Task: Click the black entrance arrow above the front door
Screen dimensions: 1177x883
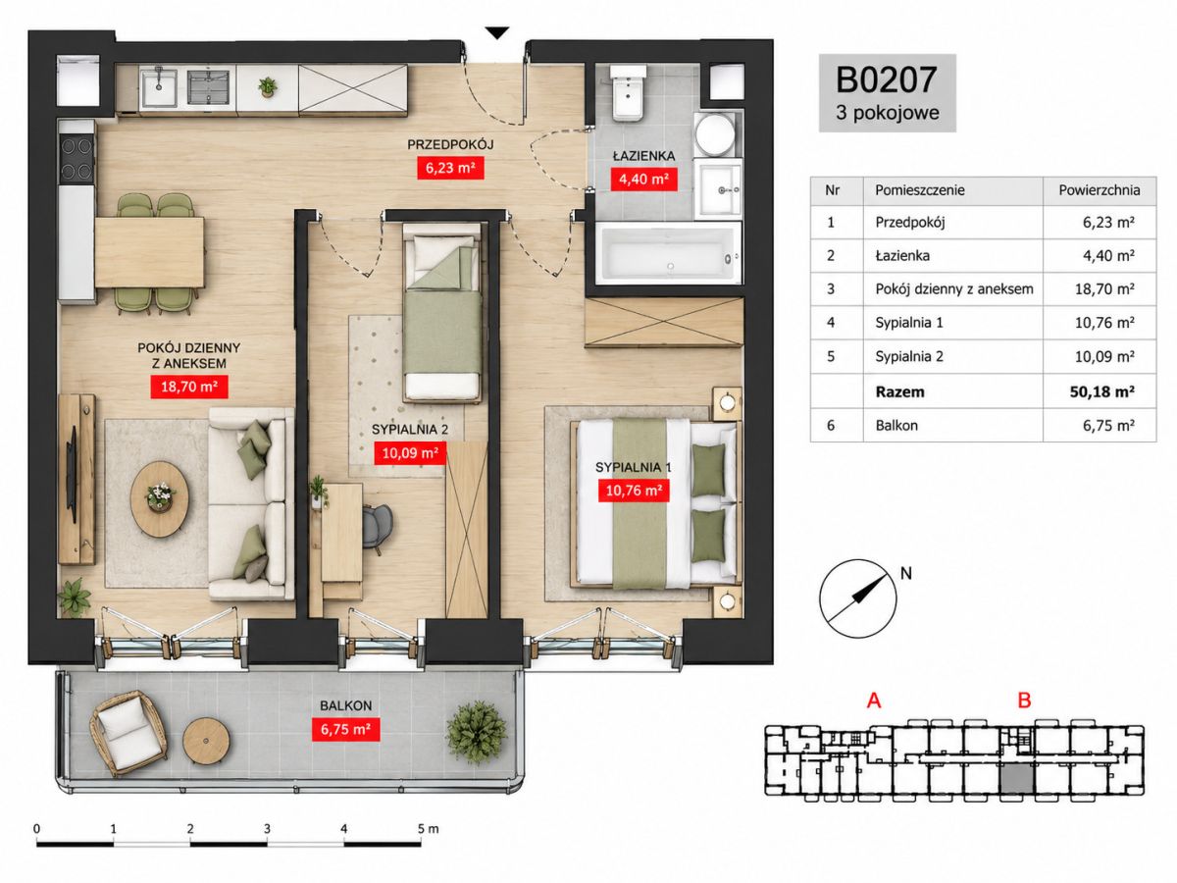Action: tap(496, 33)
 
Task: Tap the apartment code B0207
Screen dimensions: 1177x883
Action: tap(887, 79)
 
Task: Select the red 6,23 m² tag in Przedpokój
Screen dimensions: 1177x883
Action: tap(450, 168)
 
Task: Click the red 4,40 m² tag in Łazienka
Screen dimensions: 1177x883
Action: tap(643, 180)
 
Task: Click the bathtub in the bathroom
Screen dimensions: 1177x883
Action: tap(669, 253)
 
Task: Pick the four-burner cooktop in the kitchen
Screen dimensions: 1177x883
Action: tap(77, 159)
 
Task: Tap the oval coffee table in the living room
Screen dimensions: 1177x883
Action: tap(160, 499)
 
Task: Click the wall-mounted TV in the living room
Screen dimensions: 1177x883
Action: tap(71, 475)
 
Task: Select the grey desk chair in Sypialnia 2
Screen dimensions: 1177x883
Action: tap(377, 528)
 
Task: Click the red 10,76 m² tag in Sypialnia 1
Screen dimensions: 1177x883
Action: tap(634, 490)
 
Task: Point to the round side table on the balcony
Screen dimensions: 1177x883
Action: tap(206, 741)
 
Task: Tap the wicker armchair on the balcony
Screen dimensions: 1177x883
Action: tap(128, 732)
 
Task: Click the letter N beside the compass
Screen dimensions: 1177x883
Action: tap(905, 574)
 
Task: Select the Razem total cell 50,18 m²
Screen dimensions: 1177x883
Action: tap(1101, 391)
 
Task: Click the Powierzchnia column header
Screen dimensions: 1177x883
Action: tap(1100, 190)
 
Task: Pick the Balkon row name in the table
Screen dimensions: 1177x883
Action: tap(896, 426)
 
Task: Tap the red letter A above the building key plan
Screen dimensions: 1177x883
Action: tap(874, 701)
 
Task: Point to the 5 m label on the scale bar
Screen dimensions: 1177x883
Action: tap(428, 829)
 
